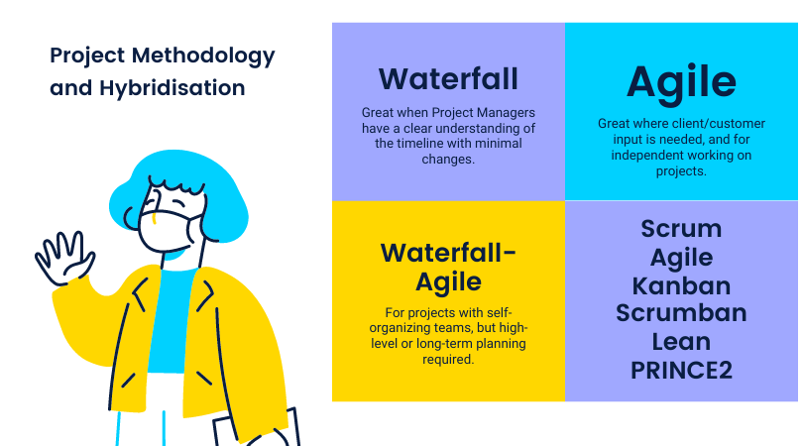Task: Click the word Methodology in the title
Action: [203, 56]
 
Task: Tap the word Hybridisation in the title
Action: [172, 88]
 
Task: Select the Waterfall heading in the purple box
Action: [448, 79]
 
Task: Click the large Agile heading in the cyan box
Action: [681, 83]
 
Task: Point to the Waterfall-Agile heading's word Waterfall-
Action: [448, 253]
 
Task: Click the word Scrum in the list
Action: [681, 228]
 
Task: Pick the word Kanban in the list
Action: [681, 285]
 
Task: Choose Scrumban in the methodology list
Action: [681, 313]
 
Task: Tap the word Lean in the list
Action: [681, 342]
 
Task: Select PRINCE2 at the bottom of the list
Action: [681, 371]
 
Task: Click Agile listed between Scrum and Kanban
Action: [681, 258]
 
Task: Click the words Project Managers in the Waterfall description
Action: [484, 113]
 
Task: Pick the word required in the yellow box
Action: [448, 360]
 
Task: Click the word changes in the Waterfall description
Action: [448, 160]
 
